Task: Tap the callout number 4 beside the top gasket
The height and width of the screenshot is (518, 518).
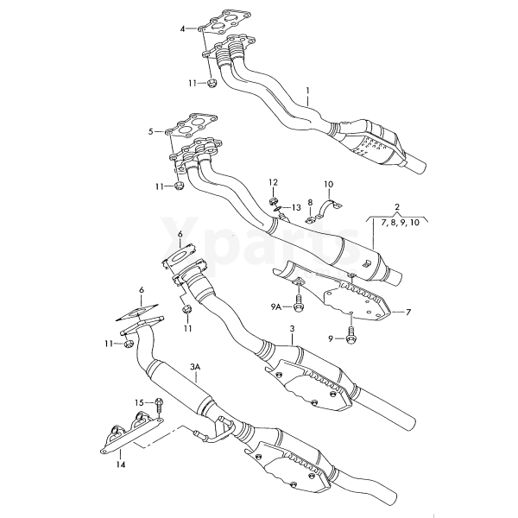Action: point(182,29)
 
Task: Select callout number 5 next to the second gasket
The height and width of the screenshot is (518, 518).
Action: point(150,132)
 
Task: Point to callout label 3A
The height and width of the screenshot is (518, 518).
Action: point(195,367)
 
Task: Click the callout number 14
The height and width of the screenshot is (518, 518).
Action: point(121,464)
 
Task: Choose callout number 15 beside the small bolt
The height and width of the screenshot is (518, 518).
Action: point(139,402)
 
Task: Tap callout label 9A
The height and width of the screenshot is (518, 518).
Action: point(276,307)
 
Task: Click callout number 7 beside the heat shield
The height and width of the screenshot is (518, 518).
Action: point(408,312)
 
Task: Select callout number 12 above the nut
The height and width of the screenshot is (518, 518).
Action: point(273,182)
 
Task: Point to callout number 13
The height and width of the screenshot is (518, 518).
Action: point(296,207)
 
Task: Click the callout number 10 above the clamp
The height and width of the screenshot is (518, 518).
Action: point(328,184)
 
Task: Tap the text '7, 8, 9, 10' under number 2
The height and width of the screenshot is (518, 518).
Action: point(400,223)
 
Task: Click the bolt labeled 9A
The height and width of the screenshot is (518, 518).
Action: point(298,307)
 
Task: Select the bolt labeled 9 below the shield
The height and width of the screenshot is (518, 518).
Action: point(351,338)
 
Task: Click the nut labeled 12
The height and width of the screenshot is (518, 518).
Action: point(273,201)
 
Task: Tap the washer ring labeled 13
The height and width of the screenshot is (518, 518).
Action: point(277,208)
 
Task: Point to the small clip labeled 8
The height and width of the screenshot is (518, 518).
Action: point(309,219)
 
